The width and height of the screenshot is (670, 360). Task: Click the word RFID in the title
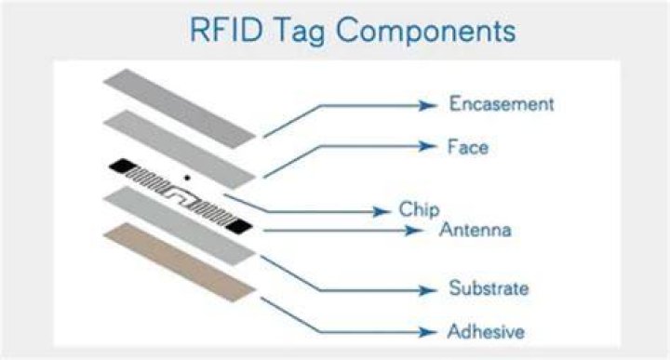point(225,31)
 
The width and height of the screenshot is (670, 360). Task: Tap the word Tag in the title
point(299,33)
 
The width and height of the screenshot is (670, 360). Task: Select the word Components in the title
point(425,33)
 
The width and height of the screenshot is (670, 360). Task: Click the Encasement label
point(502,104)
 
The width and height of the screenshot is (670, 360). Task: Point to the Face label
point(467,147)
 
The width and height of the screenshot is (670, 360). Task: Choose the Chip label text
point(419,209)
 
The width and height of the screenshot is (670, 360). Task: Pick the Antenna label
point(476,230)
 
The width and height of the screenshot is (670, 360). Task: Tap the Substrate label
point(489,288)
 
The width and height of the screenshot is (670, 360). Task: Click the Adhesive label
point(486,331)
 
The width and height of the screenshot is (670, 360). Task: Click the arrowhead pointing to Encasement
point(428,105)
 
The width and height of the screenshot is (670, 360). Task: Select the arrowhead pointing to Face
point(428,146)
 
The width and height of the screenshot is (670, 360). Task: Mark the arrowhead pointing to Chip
point(382,211)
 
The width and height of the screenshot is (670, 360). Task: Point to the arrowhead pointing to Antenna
point(414,231)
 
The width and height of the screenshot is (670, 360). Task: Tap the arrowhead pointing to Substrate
point(428,291)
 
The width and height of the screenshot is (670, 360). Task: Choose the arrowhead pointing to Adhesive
point(428,332)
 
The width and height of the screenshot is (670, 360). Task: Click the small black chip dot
point(187,177)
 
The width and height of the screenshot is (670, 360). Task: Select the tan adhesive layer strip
point(180,261)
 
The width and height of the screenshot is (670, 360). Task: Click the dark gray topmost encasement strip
point(180,109)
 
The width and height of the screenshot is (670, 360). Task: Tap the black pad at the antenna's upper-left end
point(122,166)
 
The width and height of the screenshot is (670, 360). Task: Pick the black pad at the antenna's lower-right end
point(239,226)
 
